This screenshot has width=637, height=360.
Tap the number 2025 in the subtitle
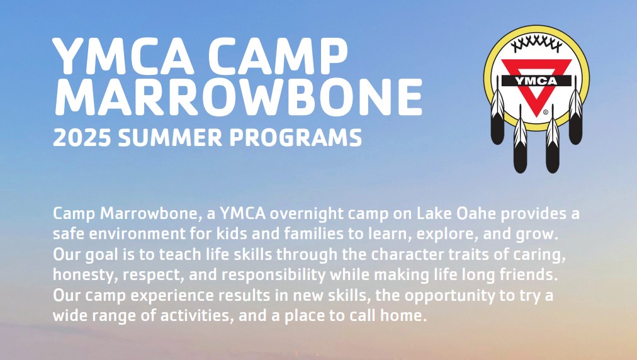(x=78, y=137)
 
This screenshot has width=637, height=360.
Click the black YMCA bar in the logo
(x=536, y=81)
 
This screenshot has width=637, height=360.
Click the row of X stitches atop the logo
(x=536, y=43)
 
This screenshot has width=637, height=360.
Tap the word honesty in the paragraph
(x=76, y=276)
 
